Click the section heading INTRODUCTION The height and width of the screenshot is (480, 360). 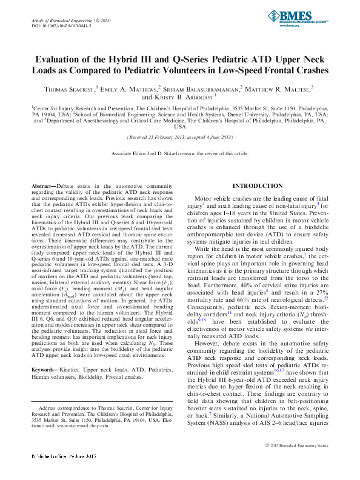[x=258, y=185]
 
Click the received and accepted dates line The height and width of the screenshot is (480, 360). [x=180, y=138]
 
